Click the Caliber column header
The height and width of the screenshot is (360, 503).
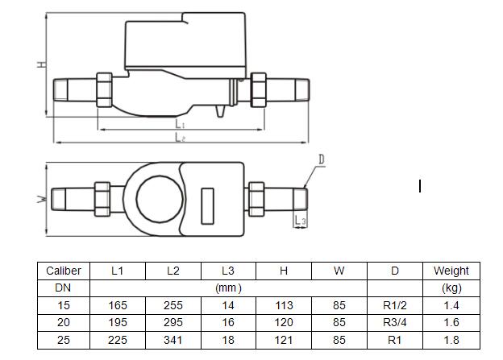(63, 271)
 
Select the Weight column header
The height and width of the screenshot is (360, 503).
(451, 271)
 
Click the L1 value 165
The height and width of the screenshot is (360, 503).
(117, 306)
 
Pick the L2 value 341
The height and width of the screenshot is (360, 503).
(173, 341)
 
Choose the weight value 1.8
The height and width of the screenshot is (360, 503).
(451, 341)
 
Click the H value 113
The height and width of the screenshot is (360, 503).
(284, 306)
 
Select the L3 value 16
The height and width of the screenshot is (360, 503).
(228, 323)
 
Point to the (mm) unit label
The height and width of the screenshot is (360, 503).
(228, 288)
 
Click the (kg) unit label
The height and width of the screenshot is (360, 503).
(451, 288)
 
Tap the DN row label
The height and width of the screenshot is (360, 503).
(63, 288)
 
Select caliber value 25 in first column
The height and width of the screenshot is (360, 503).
(63, 341)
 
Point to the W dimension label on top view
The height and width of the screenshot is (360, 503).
(40, 199)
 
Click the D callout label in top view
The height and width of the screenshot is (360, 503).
(320, 161)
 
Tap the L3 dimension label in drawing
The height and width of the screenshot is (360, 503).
(300, 219)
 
